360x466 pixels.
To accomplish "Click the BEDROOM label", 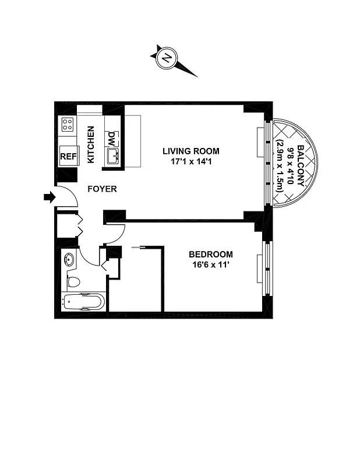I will point(211,254).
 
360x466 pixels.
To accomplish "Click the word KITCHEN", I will point(91,144).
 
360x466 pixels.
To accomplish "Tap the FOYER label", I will point(103,189).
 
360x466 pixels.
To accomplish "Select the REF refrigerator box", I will point(68,156).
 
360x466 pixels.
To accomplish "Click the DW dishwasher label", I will point(111,138).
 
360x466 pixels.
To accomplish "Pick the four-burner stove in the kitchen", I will point(68,123).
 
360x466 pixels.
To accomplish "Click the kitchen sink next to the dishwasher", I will point(112,156).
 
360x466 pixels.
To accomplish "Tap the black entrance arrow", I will point(48,197).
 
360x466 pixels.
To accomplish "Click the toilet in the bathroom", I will point(73,283).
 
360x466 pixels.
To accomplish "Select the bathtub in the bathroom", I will point(83,302).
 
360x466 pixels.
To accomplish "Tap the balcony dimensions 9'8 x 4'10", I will point(290,165).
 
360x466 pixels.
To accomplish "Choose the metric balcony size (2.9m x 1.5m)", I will point(280,165).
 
